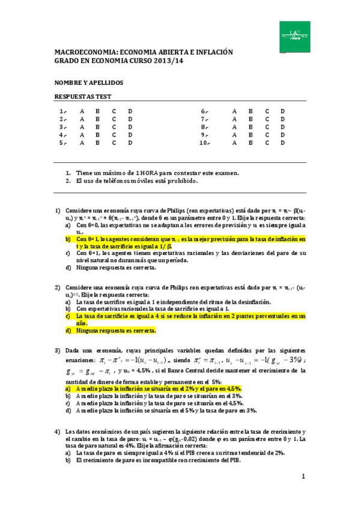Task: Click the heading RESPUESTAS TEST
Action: coord(83,96)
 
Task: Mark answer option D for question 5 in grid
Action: coord(130,143)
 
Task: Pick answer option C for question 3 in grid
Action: coord(114,127)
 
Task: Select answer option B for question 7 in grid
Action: coord(251,120)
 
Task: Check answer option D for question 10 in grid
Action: coord(283,143)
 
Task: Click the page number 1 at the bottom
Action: coord(304,477)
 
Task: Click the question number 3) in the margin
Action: coord(58,351)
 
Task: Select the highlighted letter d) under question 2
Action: coord(69,330)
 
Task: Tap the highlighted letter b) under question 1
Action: coord(69,239)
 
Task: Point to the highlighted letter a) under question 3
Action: coord(69,373)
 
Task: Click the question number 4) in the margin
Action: coord(58,415)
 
